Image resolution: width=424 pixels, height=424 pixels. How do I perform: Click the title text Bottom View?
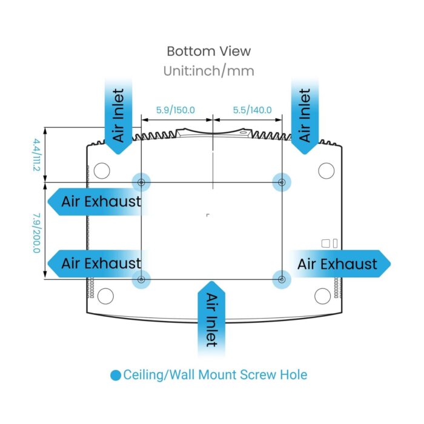pyautogui.click(x=208, y=51)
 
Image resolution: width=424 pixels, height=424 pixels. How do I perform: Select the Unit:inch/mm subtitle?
pyautogui.click(x=208, y=71)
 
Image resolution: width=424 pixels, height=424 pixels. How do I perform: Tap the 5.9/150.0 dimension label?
pyautogui.click(x=176, y=110)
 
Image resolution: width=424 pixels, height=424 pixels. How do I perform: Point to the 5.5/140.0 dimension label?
pyautogui.click(x=252, y=110)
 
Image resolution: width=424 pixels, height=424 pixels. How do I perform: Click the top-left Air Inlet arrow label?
pyautogui.click(x=119, y=115)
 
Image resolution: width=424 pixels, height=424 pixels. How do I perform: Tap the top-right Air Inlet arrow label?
pyautogui.click(x=305, y=115)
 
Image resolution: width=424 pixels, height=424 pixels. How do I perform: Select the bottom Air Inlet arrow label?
pyautogui.click(x=211, y=320)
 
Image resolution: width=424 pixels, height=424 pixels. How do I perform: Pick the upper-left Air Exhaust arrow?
pyautogui.click(x=97, y=201)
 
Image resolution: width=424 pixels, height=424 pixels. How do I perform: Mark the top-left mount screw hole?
pyautogui.click(x=141, y=182)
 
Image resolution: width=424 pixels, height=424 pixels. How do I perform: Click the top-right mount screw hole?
pyautogui.click(x=281, y=182)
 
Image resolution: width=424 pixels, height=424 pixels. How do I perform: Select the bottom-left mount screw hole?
pyautogui.click(x=141, y=279)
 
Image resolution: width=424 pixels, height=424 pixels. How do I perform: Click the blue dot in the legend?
pyautogui.click(x=116, y=376)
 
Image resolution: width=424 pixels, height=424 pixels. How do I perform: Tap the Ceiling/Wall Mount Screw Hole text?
pyautogui.click(x=215, y=375)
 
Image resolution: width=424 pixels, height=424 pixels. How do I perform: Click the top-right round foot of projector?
pyautogui.click(x=326, y=171)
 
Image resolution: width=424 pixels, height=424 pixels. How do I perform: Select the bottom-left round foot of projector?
pyautogui.click(x=105, y=296)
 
